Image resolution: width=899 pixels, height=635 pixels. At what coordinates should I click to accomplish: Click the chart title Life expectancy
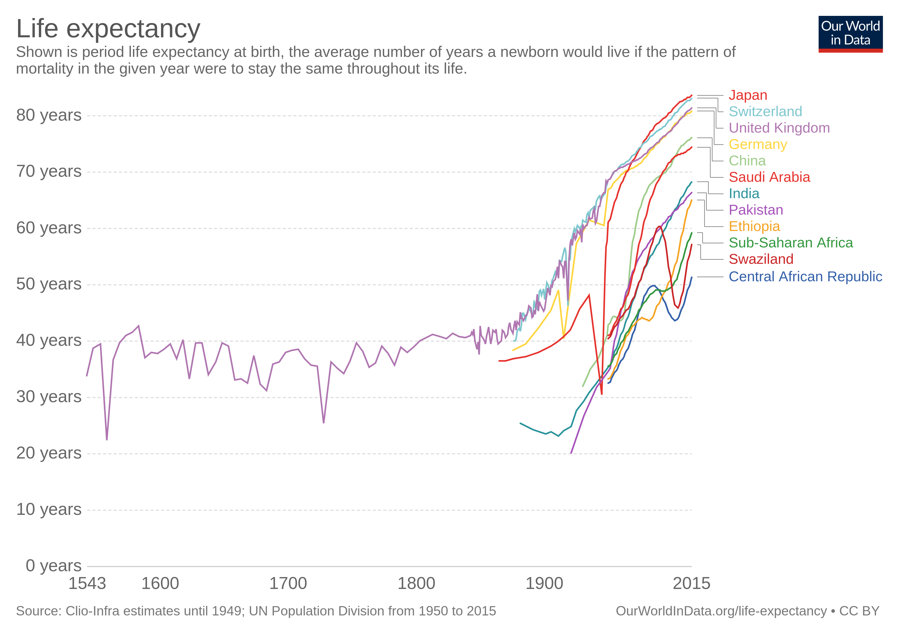click(x=108, y=29)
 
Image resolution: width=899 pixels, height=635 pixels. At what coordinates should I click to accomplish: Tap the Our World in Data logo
click(x=850, y=34)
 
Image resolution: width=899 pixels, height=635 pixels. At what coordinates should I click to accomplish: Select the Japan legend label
click(x=747, y=95)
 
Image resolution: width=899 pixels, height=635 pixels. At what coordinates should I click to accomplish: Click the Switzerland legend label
click(x=765, y=112)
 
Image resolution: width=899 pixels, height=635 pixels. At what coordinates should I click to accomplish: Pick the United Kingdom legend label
click(x=779, y=128)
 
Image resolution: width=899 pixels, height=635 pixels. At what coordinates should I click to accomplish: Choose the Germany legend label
click(x=757, y=144)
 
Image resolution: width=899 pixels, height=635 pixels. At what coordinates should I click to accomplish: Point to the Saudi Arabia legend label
click(x=769, y=177)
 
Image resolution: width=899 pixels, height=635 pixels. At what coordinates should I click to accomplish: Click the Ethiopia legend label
click(x=754, y=226)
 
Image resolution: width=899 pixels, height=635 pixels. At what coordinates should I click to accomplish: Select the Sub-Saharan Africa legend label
click(x=791, y=243)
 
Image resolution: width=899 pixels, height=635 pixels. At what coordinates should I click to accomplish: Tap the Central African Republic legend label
click(x=805, y=276)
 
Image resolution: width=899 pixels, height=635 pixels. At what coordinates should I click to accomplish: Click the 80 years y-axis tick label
click(x=49, y=115)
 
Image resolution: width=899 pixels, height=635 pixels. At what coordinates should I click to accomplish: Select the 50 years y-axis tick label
click(x=49, y=284)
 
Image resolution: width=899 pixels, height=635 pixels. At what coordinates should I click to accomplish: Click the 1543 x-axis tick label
click(x=87, y=584)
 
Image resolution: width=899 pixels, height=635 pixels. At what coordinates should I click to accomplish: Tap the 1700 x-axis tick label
click(x=288, y=584)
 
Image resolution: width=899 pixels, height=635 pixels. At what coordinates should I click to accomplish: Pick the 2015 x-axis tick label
click(x=691, y=584)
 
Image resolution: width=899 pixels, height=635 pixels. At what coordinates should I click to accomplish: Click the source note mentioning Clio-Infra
click(x=256, y=611)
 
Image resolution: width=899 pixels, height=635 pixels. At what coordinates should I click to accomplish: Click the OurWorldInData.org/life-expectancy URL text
click(x=721, y=611)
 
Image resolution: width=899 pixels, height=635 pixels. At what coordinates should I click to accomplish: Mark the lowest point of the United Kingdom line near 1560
click(x=107, y=439)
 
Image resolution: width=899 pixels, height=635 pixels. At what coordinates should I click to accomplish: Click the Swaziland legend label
click(x=761, y=259)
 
